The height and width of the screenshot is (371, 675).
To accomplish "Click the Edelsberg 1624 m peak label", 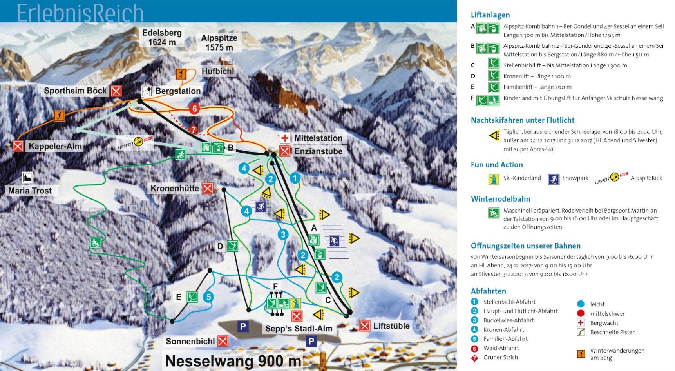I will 162,37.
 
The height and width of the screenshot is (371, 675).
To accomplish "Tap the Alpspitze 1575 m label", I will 219,43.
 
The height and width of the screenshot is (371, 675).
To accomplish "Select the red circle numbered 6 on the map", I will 194,109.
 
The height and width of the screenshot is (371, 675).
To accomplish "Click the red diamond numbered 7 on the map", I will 193,129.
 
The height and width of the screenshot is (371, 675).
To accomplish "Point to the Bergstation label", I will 178,91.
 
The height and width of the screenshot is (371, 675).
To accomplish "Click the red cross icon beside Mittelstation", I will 285,138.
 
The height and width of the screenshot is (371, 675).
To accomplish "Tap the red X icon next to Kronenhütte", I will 208,189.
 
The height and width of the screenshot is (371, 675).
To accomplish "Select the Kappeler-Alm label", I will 55,147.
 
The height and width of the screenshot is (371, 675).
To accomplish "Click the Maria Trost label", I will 30,191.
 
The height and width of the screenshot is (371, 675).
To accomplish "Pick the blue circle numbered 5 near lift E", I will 208,297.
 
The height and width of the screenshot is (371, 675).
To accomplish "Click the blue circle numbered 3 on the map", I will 283,235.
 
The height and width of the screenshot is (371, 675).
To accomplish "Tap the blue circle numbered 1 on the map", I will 295,178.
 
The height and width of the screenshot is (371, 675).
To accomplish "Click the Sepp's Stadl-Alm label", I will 299,329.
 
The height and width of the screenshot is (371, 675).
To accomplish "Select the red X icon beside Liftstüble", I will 365,326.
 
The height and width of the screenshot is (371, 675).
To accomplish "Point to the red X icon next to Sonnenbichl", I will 223,341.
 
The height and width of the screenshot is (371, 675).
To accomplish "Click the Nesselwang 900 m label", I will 233,361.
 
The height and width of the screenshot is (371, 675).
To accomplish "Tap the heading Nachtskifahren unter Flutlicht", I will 523,120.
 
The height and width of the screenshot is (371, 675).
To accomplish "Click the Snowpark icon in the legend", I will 554,179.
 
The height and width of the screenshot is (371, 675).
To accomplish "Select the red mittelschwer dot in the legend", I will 581,313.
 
